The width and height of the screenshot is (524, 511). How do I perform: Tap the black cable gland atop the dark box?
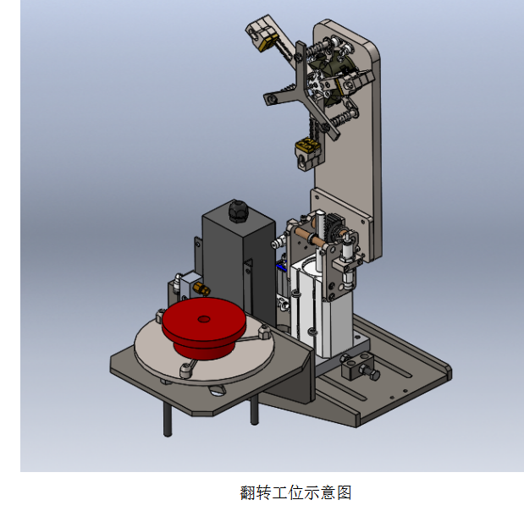pyautogui.click(x=237, y=212)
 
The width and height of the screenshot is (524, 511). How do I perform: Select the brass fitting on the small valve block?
pyautogui.click(x=201, y=288)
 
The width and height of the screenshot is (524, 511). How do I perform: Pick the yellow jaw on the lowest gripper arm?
pyautogui.click(x=307, y=145)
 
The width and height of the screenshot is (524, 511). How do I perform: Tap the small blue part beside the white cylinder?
pyautogui.click(x=281, y=266)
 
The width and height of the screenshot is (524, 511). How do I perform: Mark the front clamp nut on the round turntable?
pyautogui.click(x=186, y=370)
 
